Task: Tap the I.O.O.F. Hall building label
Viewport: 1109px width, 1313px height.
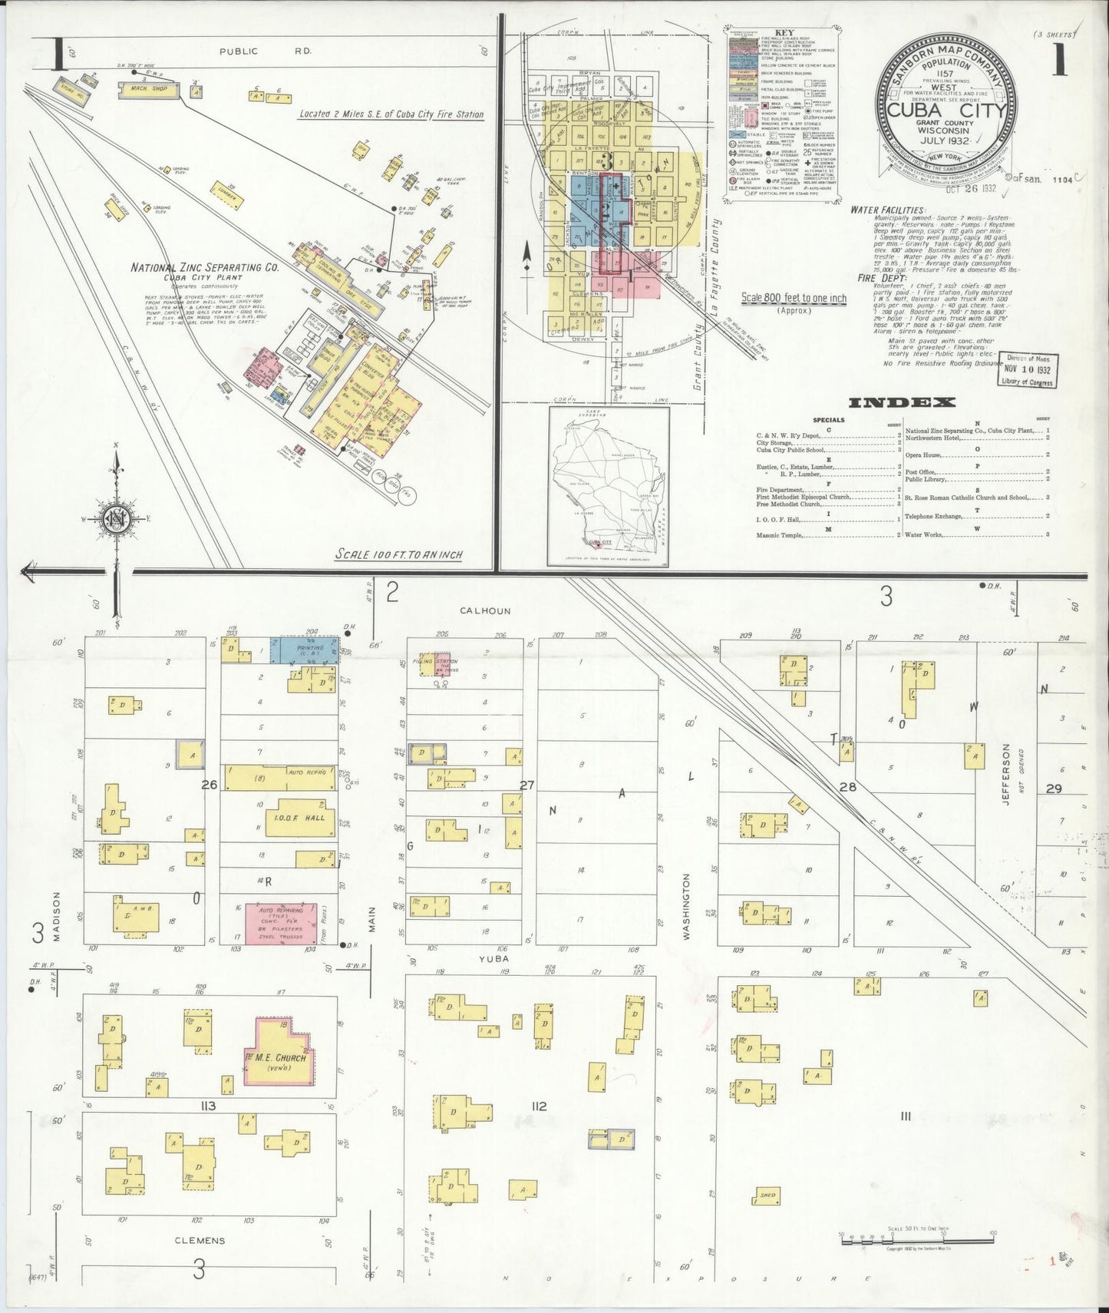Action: [x=295, y=818]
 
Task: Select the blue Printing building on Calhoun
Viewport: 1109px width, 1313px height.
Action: [x=304, y=649]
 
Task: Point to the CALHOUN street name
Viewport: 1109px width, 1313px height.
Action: [x=484, y=611]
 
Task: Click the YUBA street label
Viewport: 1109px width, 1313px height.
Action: [x=495, y=959]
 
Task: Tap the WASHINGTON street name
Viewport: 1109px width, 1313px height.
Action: [x=685, y=906]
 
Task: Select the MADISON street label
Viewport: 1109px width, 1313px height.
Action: [x=56, y=915]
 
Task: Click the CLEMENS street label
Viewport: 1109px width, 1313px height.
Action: [x=200, y=1240]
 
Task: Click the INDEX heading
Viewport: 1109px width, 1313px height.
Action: [x=902, y=402]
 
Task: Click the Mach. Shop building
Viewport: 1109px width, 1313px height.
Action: [x=147, y=90]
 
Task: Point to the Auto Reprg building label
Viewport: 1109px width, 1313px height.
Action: [x=306, y=772]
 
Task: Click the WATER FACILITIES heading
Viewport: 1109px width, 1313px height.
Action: [x=887, y=210]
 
